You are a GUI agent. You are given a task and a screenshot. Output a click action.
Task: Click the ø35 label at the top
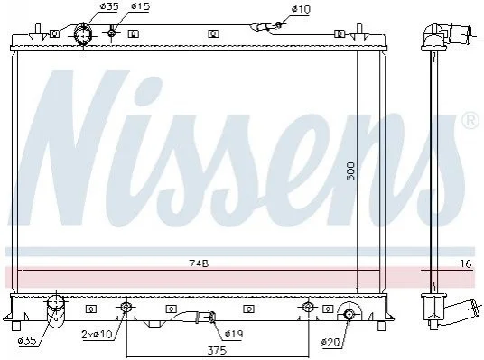click(x=109, y=7)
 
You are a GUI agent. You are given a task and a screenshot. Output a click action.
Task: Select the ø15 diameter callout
click(x=141, y=6)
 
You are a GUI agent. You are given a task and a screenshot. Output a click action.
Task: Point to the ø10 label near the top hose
click(x=301, y=10)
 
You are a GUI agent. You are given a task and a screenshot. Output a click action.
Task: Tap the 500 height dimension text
click(x=351, y=171)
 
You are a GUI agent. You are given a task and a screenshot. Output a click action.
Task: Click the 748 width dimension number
click(x=199, y=263)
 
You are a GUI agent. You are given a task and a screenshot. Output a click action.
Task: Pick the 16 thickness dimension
click(x=466, y=263)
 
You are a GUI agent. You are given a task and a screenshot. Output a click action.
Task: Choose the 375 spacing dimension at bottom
click(x=217, y=350)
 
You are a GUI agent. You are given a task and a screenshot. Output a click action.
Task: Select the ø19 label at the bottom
click(x=234, y=334)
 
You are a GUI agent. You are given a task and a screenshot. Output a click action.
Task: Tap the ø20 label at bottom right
click(x=330, y=342)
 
